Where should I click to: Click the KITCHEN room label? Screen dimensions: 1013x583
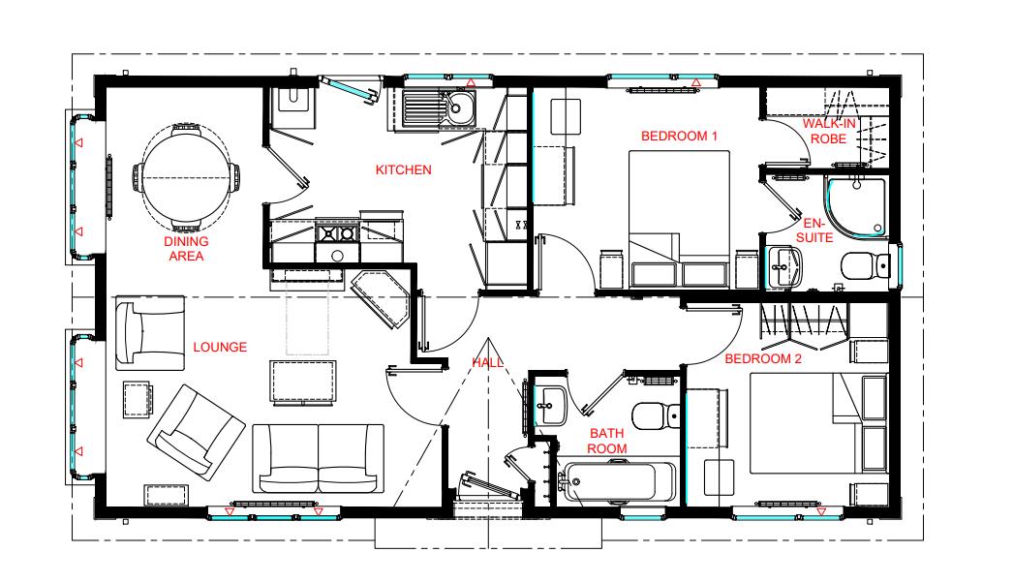pos(403,170)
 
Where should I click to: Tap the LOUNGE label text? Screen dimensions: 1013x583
pos(220,347)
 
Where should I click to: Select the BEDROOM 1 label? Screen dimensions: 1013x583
pos(679,136)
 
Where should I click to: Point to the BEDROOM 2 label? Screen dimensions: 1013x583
pos(763,358)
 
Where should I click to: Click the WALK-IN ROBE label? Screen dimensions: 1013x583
pos(829,131)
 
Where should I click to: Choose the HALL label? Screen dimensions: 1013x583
pos(488,362)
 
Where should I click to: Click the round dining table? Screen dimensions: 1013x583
pos(186,177)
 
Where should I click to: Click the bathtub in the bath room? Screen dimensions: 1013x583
pos(618,481)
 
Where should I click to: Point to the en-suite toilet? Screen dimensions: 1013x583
pos(866,265)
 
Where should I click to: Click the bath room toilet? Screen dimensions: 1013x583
pos(656,415)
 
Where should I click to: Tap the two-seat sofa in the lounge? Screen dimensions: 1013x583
pos(318,459)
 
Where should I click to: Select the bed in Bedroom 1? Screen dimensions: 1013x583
pos(680,219)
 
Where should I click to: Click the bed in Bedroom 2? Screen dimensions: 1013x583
pos(818,422)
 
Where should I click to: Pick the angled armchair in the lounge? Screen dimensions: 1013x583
pos(197,432)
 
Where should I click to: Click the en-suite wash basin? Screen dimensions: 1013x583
pos(783,266)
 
